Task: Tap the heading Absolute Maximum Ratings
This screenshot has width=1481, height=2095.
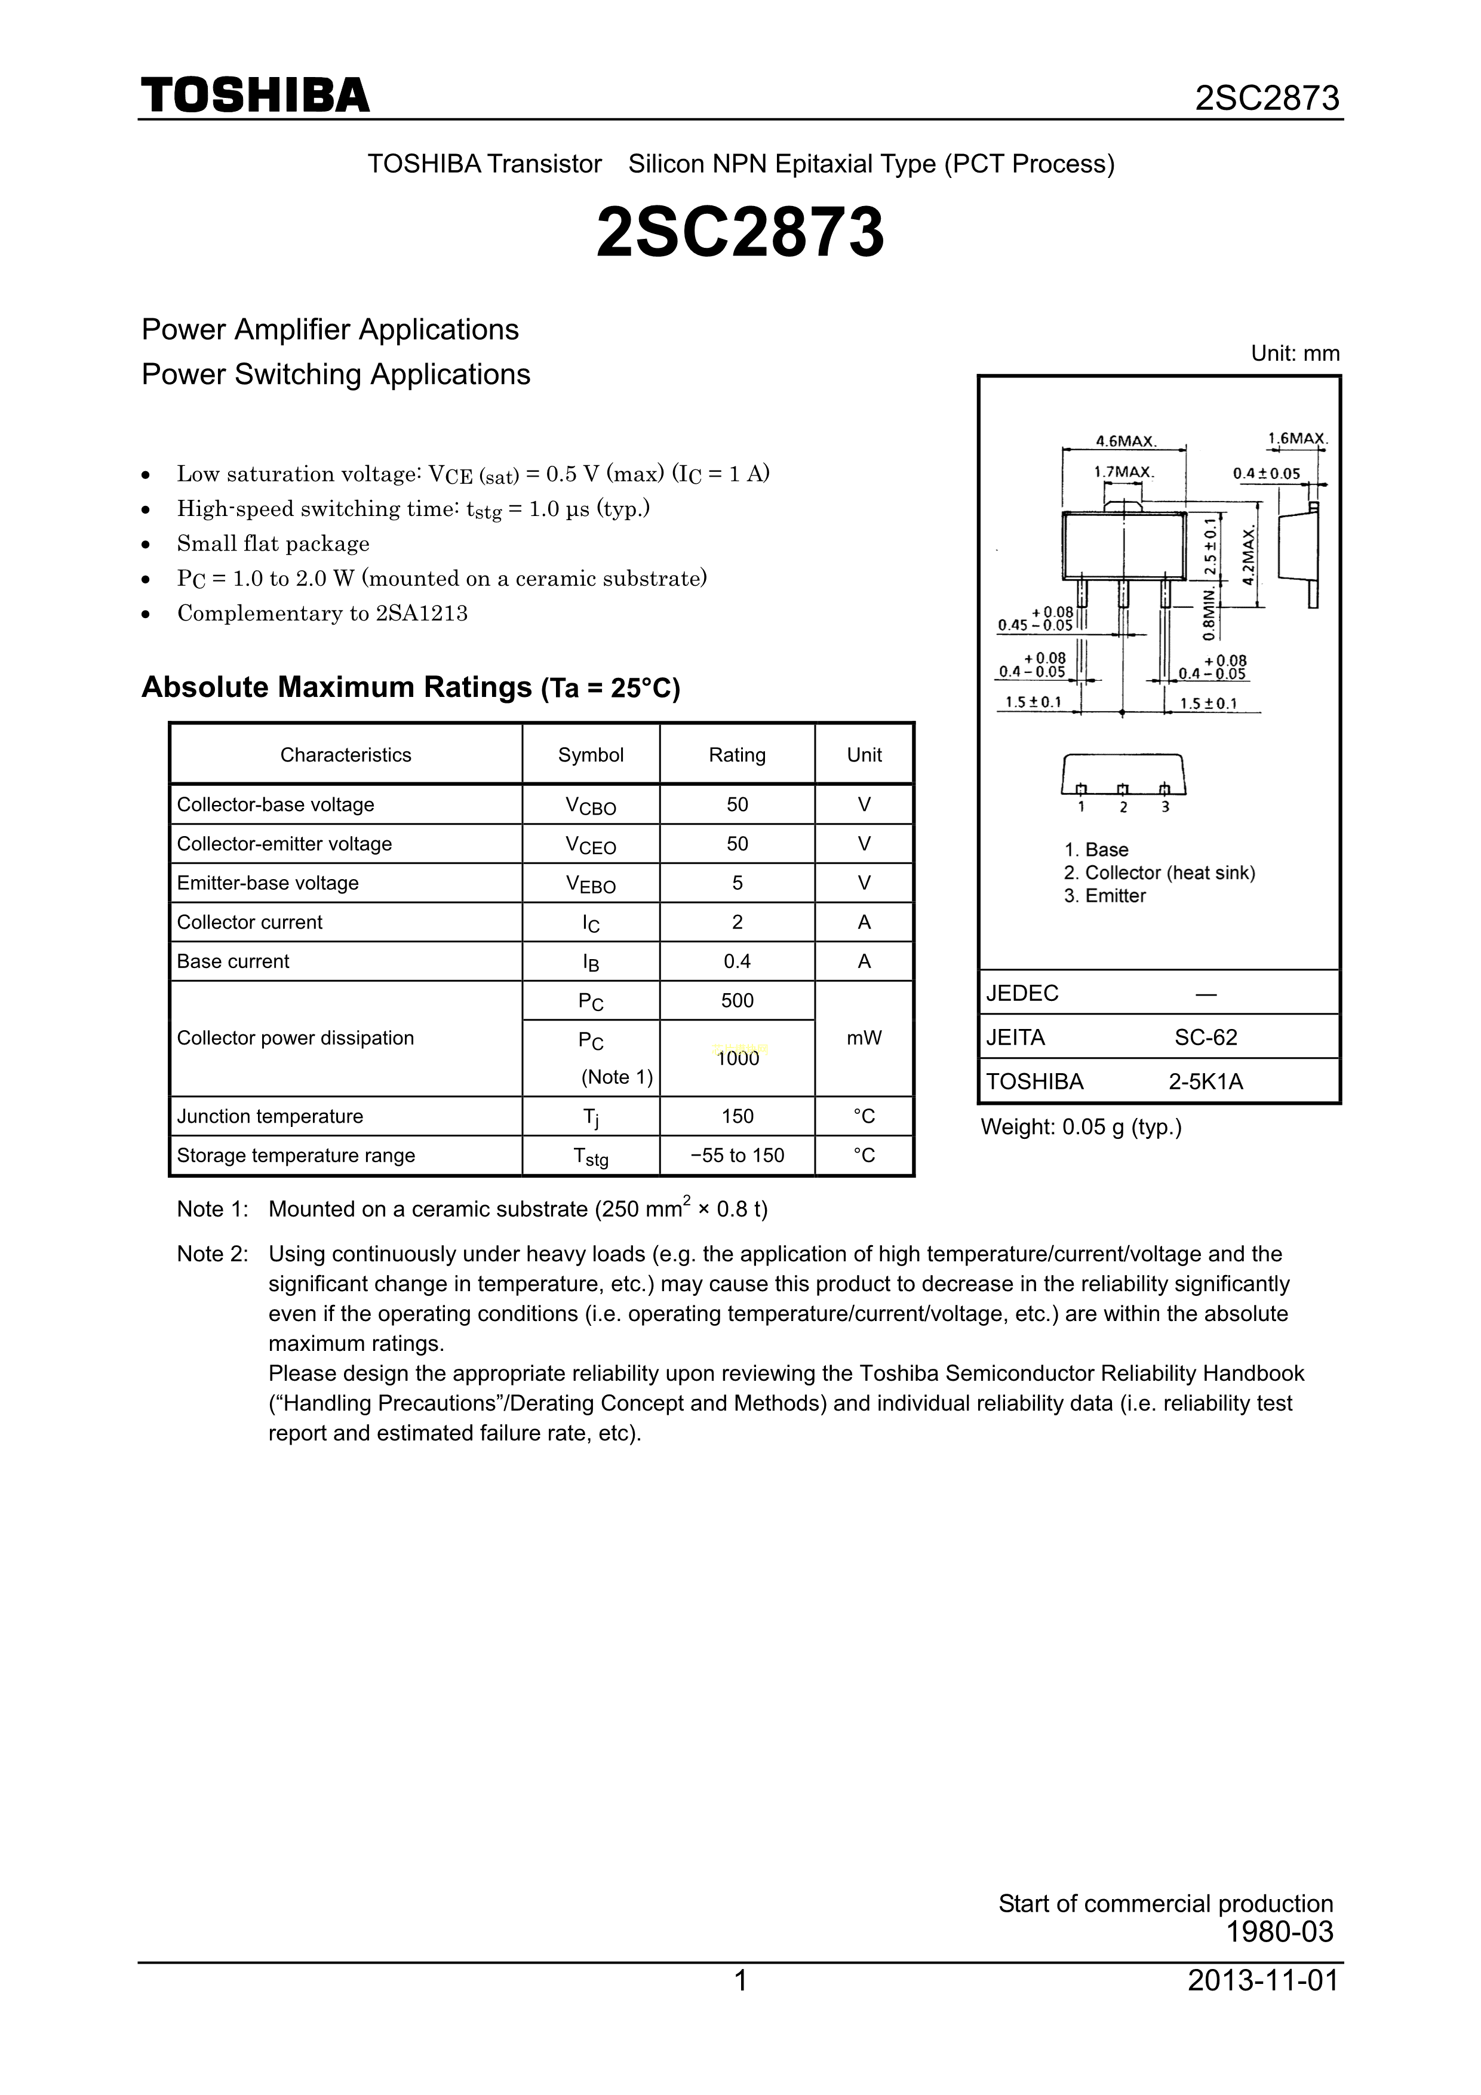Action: coord(337,686)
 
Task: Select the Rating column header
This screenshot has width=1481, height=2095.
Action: coord(738,755)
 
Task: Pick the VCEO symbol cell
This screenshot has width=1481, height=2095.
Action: coord(591,845)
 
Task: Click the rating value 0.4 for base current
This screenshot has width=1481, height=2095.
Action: coord(738,961)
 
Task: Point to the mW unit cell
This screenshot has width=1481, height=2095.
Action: coord(864,1039)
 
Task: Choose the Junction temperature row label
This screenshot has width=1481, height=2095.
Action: coord(270,1117)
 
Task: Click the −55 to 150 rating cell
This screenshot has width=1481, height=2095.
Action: coord(738,1155)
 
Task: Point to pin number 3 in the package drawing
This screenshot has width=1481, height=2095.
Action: coord(1165,807)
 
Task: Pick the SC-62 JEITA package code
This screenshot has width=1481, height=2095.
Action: coord(1206,1037)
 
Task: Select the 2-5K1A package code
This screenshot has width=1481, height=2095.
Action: coord(1206,1082)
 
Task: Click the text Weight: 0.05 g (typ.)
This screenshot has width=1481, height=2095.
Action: coord(1081,1128)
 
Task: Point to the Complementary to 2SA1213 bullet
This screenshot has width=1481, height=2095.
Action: coord(322,613)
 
